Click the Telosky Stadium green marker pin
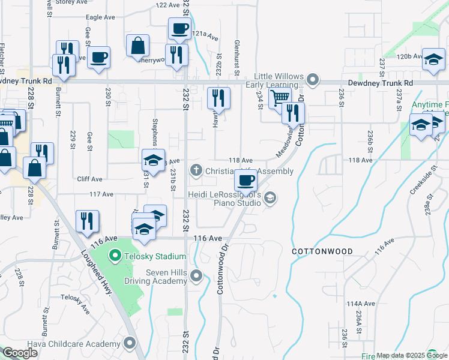pos(116,256)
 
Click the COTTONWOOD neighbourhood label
pos(322,251)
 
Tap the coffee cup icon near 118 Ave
pos(245,179)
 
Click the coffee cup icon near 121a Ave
pos(179,28)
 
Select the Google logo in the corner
pos(20,353)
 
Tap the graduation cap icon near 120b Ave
pos(433,59)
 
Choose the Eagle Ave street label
pos(100,17)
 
